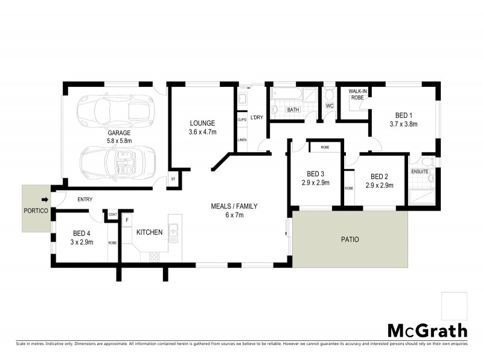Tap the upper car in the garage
[x=113, y=109]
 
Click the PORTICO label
[x=36, y=211]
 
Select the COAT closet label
[x=112, y=213]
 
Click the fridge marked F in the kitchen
[x=127, y=220]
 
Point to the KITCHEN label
[x=149, y=232]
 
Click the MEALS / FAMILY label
[x=234, y=206]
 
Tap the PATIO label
[x=349, y=240]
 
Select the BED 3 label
[x=316, y=173]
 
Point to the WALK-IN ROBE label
[x=353, y=94]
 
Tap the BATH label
[x=293, y=110]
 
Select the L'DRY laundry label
[x=258, y=118]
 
